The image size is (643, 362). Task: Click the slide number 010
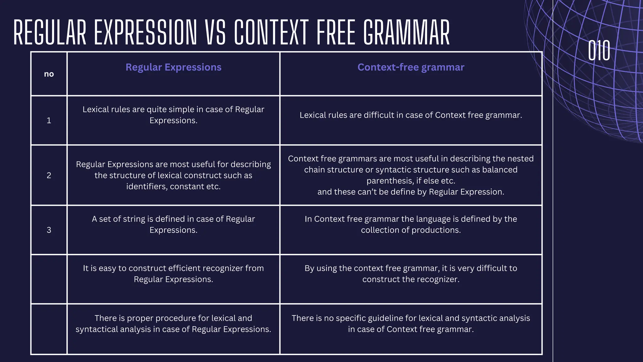point(599,51)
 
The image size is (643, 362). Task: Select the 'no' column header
point(49,74)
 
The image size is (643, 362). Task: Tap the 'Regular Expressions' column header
point(173,67)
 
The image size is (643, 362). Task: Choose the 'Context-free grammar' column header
point(411,67)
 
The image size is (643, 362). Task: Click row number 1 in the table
point(49,120)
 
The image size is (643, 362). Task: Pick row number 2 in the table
point(49,175)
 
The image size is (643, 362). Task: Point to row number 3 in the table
point(49,230)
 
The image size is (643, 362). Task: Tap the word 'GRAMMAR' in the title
point(407,33)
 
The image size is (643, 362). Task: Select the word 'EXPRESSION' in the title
point(145,33)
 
